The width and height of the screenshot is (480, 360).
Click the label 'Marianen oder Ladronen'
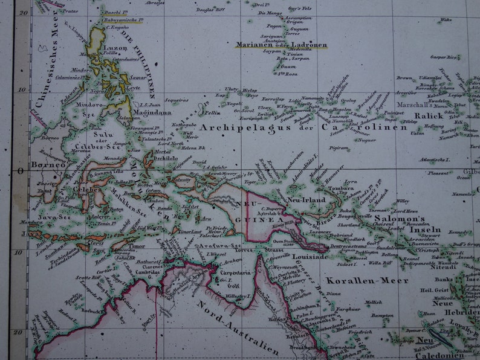[281, 45]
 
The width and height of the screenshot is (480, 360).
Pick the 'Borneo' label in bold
[48, 164]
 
